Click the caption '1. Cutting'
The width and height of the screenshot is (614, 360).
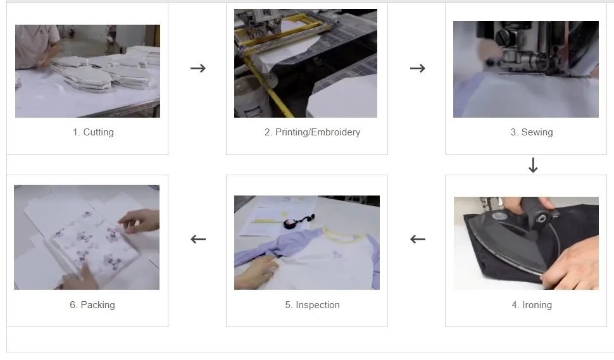point(93,132)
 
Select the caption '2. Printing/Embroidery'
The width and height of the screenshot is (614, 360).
point(312,132)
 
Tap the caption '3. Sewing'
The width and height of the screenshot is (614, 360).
point(532,132)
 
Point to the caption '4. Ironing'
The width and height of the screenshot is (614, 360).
point(532,305)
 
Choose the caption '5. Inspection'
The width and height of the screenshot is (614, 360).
point(312,305)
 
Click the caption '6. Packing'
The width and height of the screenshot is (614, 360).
point(92,305)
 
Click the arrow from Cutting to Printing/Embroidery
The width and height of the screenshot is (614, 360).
point(198,68)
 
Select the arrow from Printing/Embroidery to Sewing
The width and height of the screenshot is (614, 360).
point(417,68)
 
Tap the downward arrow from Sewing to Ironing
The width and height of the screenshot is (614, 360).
point(533,166)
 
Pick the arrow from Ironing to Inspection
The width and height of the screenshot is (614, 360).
point(417,239)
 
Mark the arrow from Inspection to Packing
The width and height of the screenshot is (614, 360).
point(198,239)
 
